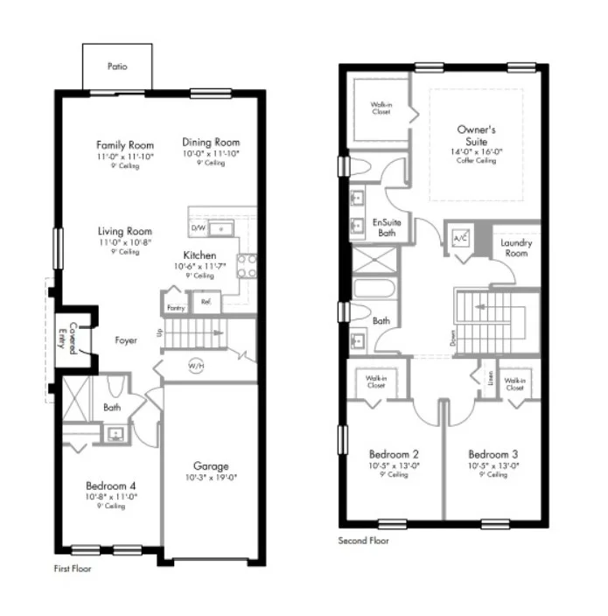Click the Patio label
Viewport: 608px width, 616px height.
click(116, 66)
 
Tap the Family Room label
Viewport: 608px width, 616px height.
click(125, 145)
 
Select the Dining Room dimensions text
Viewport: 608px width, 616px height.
click(211, 153)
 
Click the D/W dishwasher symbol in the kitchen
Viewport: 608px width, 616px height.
click(199, 228)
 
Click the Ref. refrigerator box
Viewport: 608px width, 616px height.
click(206, 302)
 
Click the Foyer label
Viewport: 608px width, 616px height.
click(125, 340)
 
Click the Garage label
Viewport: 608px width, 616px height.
click(211, 466)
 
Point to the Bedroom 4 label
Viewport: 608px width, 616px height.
click(110, 486)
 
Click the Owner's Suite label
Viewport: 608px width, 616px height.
click(477, 135)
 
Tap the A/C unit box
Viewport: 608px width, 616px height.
click(460, 239)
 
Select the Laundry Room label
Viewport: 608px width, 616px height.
click(516, 248)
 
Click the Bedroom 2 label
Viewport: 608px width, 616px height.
click(394, 454)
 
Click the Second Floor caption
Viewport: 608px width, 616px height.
click(364, 541)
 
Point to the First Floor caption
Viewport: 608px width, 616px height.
click(73, 568)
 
